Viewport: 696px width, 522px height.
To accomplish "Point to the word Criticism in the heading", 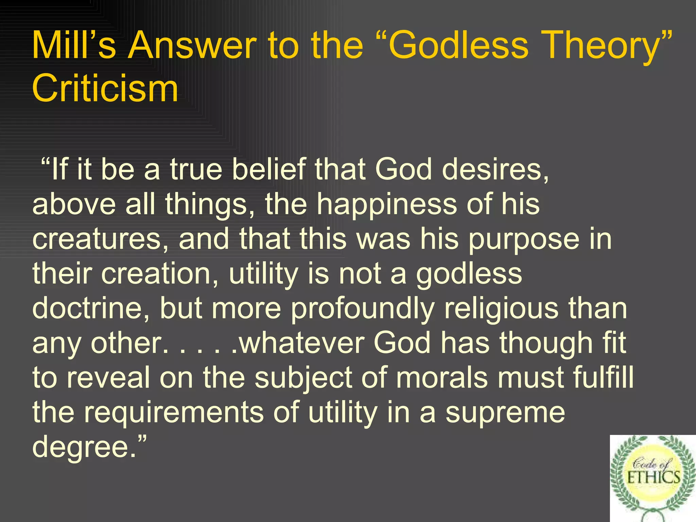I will pos(105,88).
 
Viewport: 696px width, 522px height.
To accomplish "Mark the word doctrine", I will pos(90,308).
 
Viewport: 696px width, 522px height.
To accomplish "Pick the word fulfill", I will pos(603,378).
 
